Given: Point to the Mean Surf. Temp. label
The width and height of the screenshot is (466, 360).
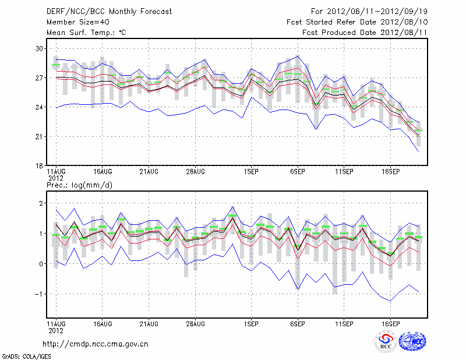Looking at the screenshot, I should click(x=86, y=33).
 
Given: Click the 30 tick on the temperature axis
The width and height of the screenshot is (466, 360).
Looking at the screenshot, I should click(x=40, y=48).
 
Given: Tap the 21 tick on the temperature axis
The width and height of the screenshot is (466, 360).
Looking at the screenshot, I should click(x=40, y=136).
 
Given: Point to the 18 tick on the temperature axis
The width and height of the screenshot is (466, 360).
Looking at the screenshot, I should click(x=40, y=166).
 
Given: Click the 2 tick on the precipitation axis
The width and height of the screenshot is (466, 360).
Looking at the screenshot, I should click(x=41, y=203).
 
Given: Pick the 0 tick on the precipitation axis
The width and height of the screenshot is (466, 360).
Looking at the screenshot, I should click(x=41, y=264).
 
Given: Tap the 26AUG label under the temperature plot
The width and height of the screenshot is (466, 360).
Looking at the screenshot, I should click(x=196, y=172).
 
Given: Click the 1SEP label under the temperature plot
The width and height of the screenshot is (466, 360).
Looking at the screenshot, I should click(x=251, y=172).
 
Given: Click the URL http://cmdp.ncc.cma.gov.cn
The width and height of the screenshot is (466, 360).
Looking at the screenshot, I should click(x=96, y=344).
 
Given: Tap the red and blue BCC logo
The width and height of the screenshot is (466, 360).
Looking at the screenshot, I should click(x=386, y=343).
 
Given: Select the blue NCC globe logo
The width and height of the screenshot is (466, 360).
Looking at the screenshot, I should click(x=412, y=341).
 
